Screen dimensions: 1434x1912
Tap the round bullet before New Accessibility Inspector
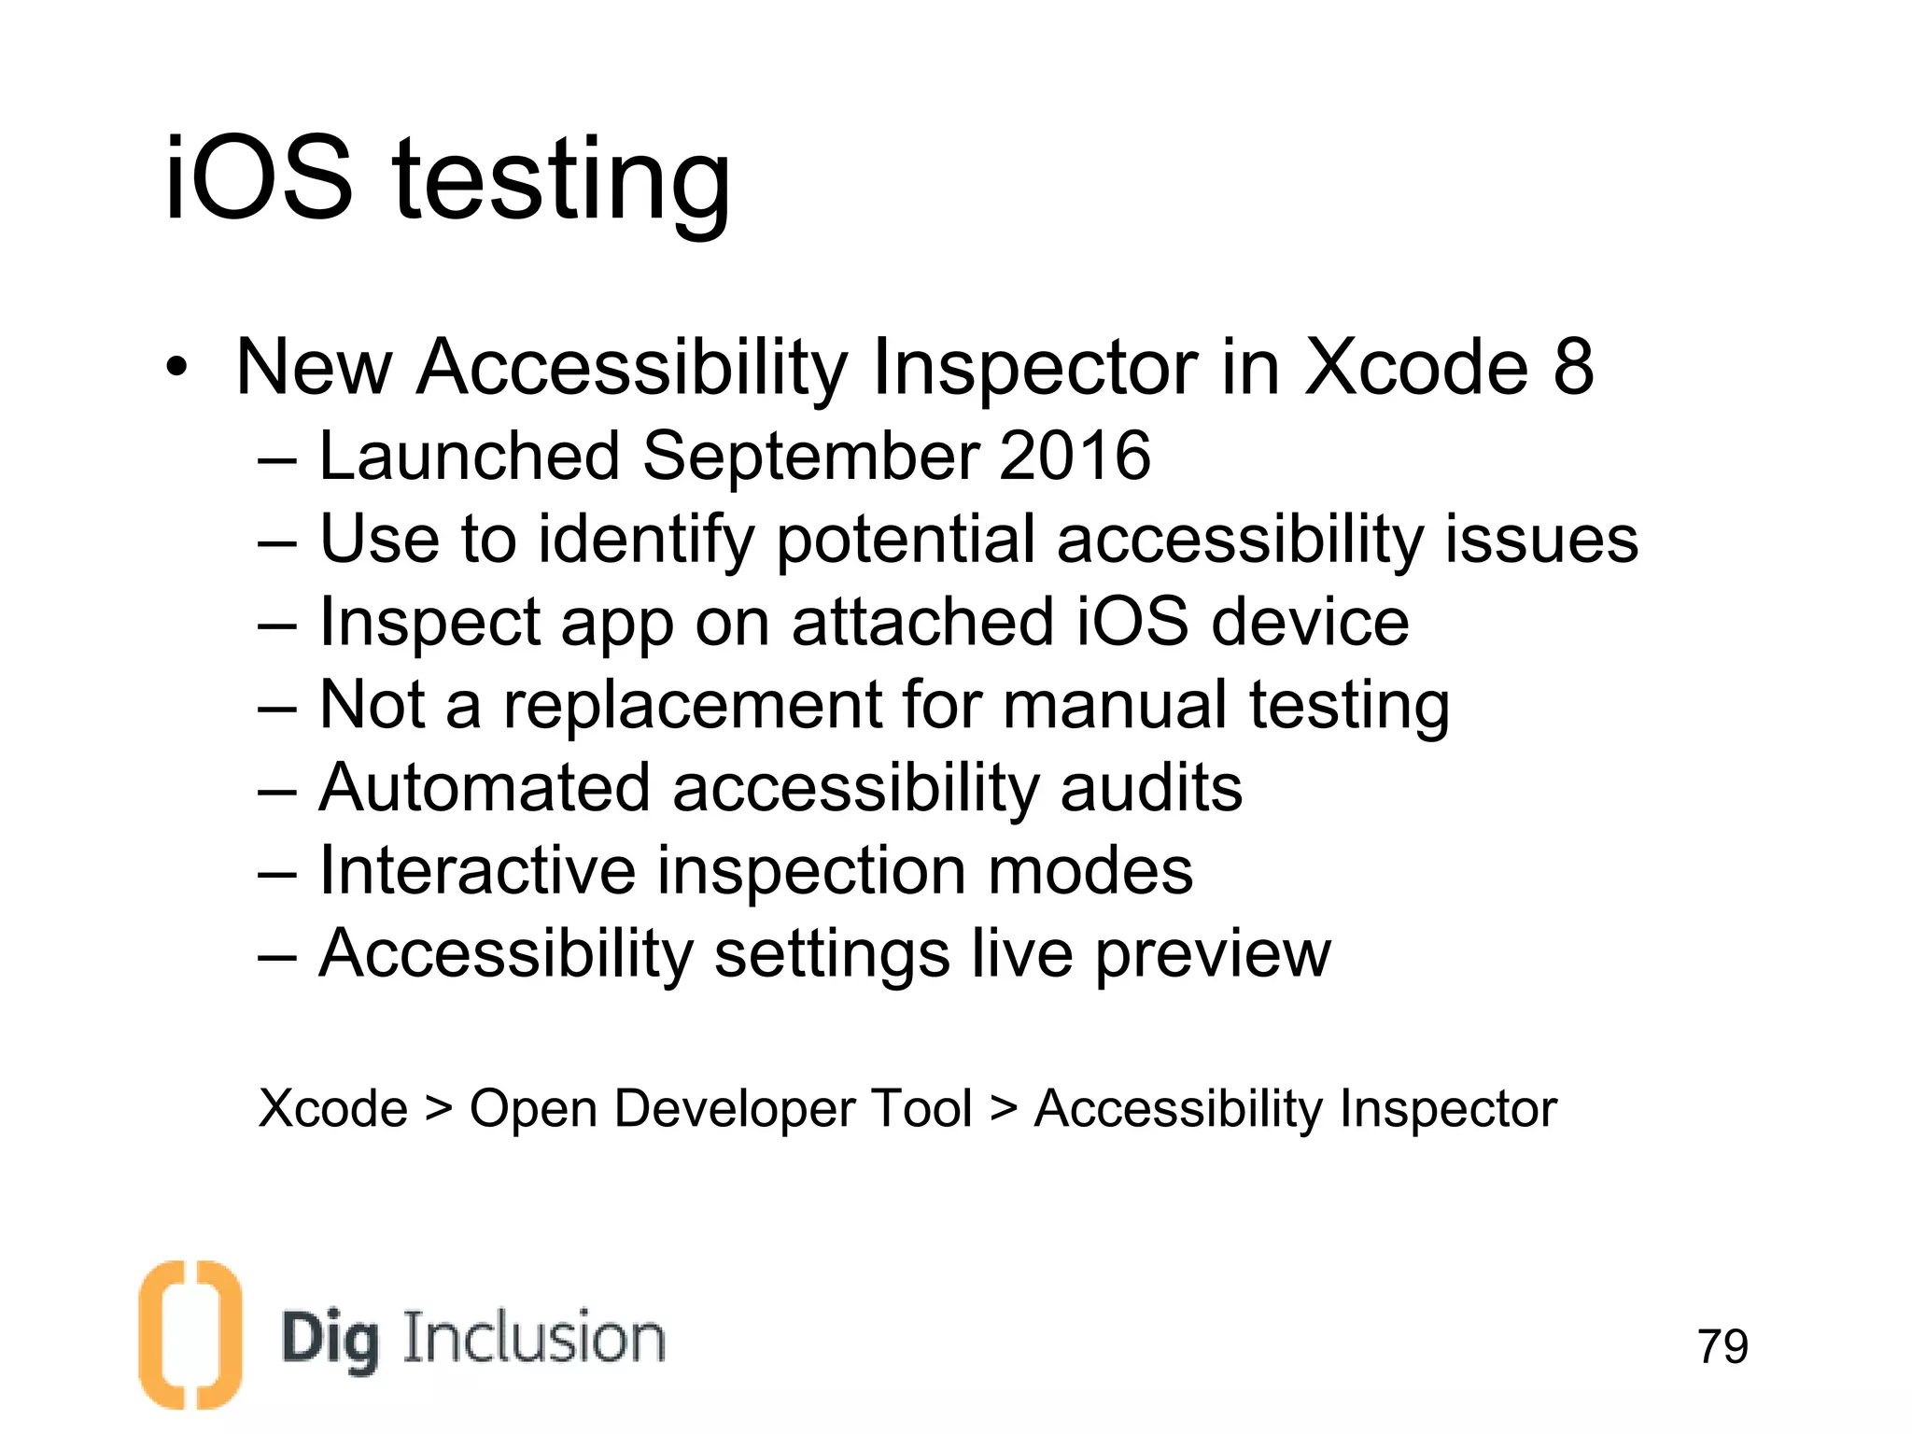pyautogui.click(x=176, y=368)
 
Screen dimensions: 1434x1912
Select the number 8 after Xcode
pyautogui.click(x=1573, y=366)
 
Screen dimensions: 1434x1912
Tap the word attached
pyautogui.click(x=922, y=623)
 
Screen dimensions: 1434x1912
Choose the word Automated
pyautogui.click(x=485, y=788)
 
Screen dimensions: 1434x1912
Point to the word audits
pyautogui.click(x=1151, y=788)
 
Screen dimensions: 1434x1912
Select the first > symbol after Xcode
pyautogui.click(x=438, y=1109)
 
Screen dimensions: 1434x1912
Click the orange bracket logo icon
pyautogui.click(x=190, y=1334)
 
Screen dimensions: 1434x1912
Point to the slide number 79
pyautogui.click(x=1722, y=1346)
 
